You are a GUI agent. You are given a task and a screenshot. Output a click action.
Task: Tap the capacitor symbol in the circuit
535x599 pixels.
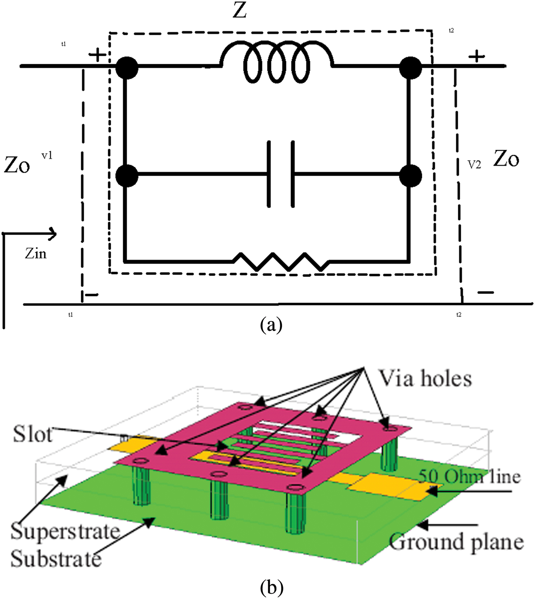click(x=281, y=175)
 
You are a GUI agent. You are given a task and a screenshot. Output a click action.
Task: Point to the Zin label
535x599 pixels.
click(x=36, y=254)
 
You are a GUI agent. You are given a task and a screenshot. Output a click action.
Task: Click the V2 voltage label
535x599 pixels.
click(x=474, y=165)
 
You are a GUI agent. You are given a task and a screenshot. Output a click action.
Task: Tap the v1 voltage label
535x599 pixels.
click(x=47, y=155)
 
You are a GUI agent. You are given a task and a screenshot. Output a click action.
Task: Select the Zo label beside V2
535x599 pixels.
click(x=506, y=159)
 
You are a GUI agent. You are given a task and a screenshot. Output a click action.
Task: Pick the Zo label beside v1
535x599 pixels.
click(x=17, y=166)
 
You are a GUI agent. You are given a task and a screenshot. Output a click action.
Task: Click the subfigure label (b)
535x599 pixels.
click(x=271, y=587)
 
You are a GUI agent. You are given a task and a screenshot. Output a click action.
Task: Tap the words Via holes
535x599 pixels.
click(x=425, y=379)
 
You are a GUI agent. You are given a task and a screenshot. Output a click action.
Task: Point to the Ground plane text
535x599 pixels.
click(x=456, y=542)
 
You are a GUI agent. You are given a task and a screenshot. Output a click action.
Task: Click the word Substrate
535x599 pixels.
click(x=56, y=559)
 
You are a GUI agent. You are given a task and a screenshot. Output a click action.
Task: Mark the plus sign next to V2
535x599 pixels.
click(x=476, y=57)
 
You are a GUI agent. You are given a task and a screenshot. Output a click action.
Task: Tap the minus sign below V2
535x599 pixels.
click(x=485, y=293)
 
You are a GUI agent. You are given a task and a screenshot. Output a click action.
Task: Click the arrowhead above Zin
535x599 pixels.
click(x=52, y=233)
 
